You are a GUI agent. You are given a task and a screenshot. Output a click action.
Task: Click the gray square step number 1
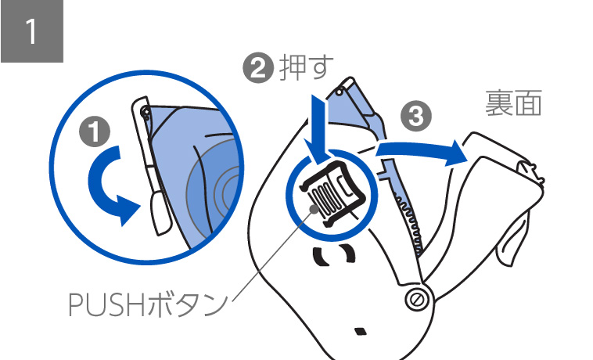(31, 31)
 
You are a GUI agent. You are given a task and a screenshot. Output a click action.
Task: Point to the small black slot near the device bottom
(360, 330)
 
